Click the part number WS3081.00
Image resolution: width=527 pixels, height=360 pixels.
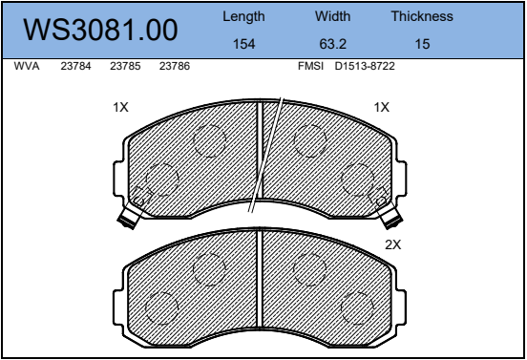click(100, 30)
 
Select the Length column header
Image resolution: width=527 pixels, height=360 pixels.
click(243, 16)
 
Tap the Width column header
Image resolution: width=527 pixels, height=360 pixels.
click(332, 16)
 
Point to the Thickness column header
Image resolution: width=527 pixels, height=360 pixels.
click(422, 16)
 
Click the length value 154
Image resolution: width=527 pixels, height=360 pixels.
click(244, 44)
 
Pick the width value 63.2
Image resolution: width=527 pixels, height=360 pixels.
click(333, 44)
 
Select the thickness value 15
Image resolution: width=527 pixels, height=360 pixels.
click(422, 44)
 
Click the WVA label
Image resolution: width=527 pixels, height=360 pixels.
click(27, 66)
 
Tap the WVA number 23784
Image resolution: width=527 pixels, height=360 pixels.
click(75, 66)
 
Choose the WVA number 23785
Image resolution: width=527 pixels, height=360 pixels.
click(125, 66)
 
